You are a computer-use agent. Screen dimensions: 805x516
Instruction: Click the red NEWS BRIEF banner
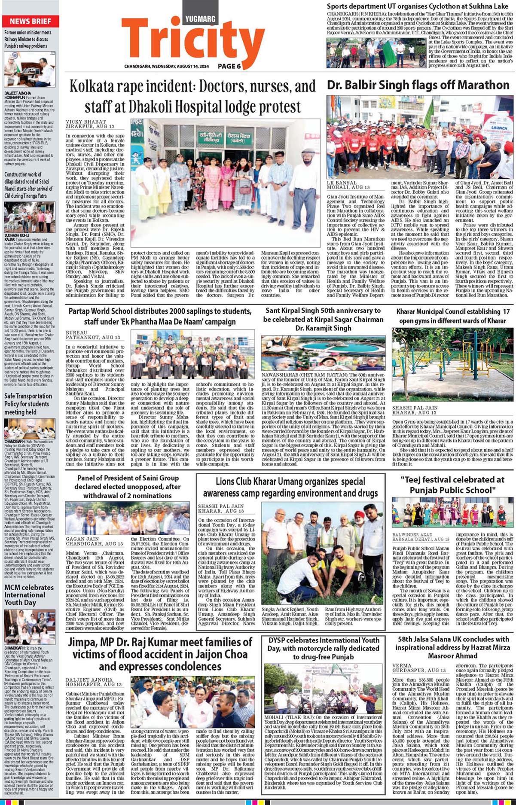tap(30, 21)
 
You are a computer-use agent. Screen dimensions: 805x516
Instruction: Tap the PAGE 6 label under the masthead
tap(229, 66)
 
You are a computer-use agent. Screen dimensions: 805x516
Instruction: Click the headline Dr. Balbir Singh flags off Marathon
tap(418, 85)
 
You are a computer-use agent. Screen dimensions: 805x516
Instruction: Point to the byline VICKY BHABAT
tap(85, 122)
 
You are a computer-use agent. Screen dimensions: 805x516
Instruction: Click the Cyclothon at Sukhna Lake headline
tap(418, 6)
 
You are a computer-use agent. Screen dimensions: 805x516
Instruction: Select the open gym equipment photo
tap(452, 364)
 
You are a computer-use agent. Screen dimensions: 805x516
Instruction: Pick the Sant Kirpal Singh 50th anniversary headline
tap(323, 319)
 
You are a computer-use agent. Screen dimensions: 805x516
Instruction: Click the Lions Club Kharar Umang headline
tap(290, 487)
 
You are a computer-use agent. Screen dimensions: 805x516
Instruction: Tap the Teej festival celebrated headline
tap(452, 485)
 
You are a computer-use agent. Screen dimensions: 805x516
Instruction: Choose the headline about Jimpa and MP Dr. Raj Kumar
tap(160, 654)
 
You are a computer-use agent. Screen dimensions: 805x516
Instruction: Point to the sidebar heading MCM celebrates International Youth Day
tap(29, 595)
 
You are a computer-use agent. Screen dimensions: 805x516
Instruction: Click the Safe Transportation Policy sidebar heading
tap(28, 404)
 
